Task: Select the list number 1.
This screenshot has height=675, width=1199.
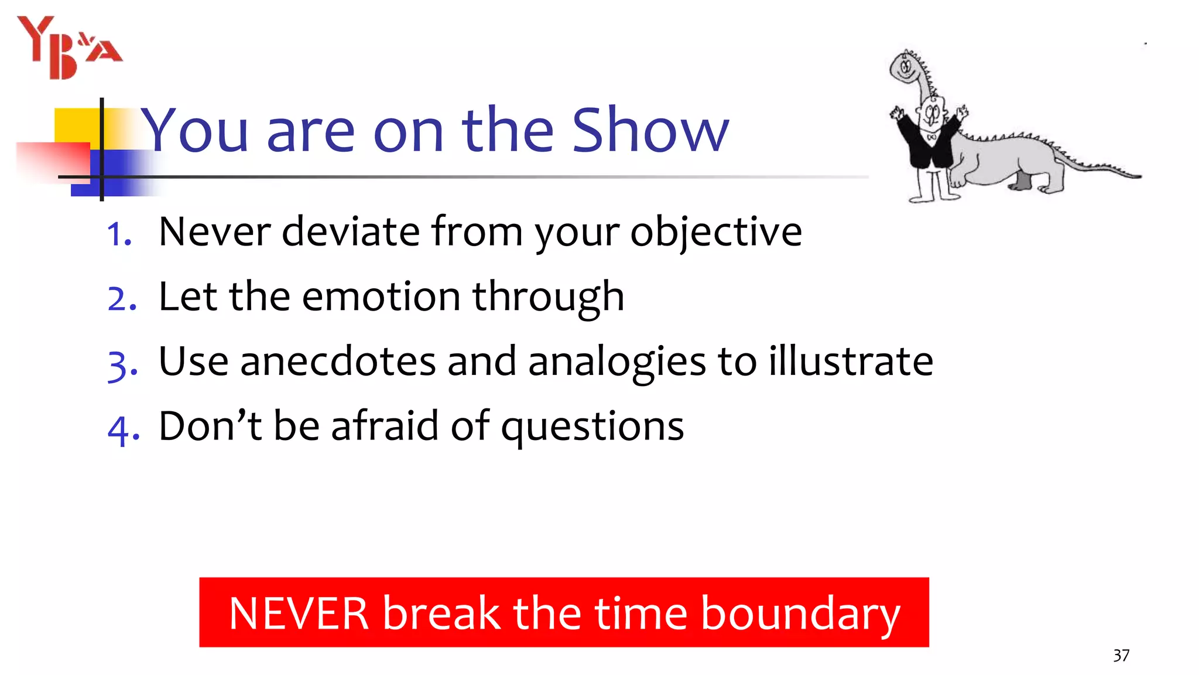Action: pos(119,234)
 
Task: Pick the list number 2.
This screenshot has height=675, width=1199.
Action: pos(122,299)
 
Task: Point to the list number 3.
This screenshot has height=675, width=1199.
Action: pos(122,364)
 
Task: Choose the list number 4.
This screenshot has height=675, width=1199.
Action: pos(123,429)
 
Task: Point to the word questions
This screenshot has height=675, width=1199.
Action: pos(592,427)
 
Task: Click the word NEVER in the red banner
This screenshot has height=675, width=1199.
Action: pos(299,613)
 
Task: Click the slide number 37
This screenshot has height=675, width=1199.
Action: pos(1121,655)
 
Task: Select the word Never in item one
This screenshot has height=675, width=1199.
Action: pos(214,232)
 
